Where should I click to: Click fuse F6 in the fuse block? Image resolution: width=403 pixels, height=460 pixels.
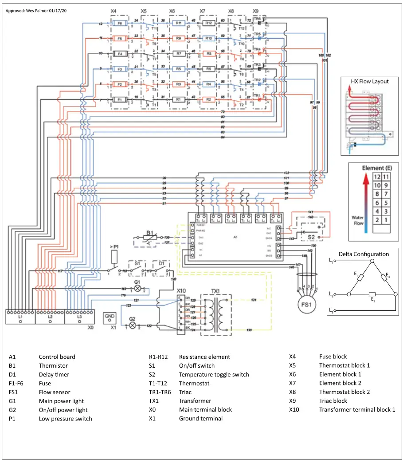tap(120, 23)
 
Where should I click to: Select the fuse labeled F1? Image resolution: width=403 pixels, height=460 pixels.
tap(120, 99)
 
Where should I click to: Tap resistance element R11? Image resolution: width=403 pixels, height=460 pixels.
tap(179, 23)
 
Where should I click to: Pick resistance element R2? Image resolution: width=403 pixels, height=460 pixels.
tap(209, 99)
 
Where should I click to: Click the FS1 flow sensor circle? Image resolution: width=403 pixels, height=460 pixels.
tap(306, 306)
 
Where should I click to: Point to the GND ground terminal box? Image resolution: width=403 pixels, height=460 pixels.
tap(110, 317)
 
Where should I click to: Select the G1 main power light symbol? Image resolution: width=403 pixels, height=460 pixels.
tap(138, 288)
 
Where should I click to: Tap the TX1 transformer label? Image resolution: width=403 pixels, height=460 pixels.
tap(215, 290)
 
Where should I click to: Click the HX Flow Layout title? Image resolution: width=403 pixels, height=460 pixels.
tap(369, 81)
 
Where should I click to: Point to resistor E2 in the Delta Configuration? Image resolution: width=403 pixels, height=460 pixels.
tap(372, 294)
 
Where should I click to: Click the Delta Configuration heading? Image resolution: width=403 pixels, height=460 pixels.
tap(364, 254)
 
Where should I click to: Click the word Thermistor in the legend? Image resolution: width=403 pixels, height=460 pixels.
tap(53, 365)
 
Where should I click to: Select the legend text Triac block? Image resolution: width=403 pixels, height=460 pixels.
tap(333, 401)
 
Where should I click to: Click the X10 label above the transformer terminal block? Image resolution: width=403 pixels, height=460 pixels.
tap(181, 290)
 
